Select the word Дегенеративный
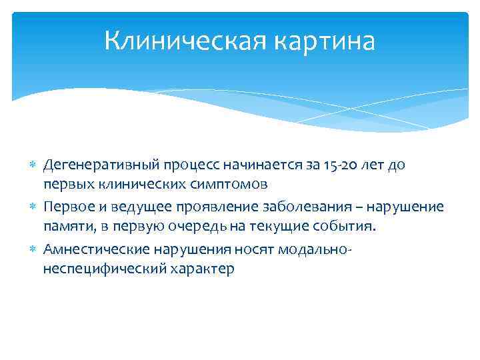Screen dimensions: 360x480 [95, 165]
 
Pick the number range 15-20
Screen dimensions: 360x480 [334, 165]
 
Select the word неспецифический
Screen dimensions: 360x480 [97, 268]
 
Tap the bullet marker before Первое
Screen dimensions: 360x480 [34, 207]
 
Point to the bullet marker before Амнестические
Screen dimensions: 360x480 [34, 251]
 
